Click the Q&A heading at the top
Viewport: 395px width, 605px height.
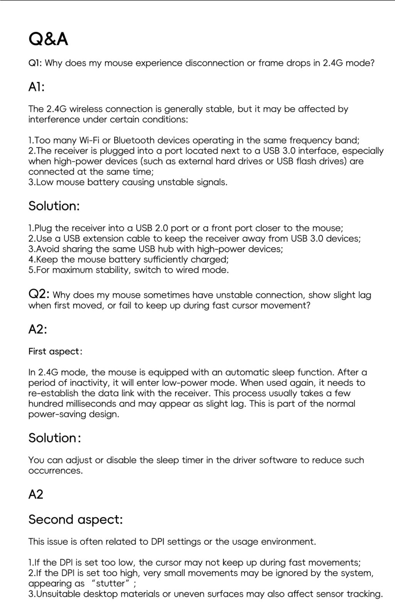tap(48, 39)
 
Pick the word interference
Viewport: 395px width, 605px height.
tap(54, 120)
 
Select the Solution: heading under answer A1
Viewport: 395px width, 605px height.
tap(54, 206)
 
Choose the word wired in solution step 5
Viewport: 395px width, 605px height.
tap(187, 270)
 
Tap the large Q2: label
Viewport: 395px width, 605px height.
tap(39, 295)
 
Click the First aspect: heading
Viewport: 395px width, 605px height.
tap(55, 352)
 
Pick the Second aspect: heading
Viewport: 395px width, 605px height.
tap(76, 520)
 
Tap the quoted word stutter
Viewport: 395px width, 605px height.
tap(110, 583)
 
